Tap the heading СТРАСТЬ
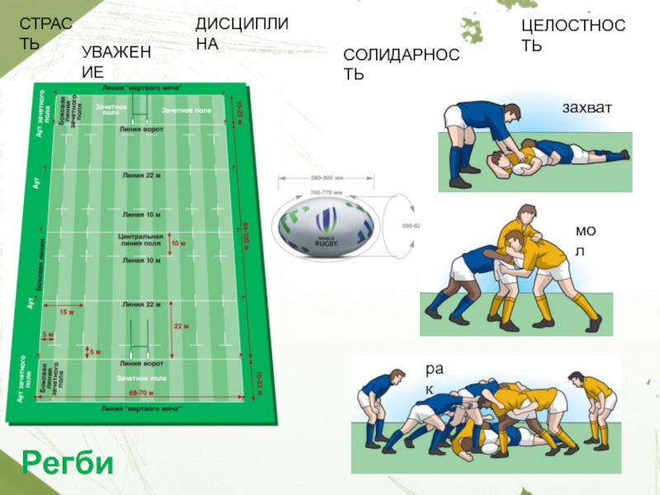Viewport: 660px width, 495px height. point(45,34)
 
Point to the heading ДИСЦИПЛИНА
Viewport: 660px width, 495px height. point(242,34)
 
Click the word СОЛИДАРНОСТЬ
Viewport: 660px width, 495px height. point(402,64)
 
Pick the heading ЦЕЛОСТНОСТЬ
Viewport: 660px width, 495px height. point(573,36)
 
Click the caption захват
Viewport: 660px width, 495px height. point(590,106)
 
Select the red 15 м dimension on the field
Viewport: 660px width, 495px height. point(67,312)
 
